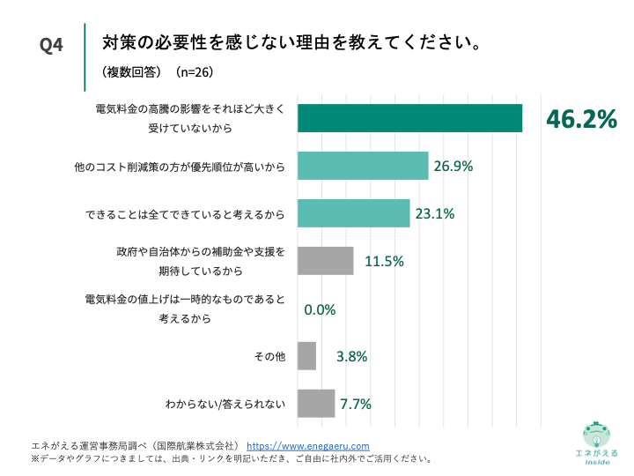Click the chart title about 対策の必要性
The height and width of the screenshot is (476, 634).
[291, 42]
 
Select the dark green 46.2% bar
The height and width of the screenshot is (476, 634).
[409, 118]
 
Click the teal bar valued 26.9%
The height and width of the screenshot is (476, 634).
[363, 166]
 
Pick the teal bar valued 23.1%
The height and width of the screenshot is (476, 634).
[353, 213]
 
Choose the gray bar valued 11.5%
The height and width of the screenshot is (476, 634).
[325, 261]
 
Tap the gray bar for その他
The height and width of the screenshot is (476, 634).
[306, 356]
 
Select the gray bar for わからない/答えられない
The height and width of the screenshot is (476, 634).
[316, 404]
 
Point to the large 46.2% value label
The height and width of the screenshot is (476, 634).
[581, 119]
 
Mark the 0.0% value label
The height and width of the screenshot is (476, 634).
[321, 309]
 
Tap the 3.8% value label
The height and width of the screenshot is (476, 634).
[351, 356]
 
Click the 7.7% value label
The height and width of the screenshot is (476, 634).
[356, 405]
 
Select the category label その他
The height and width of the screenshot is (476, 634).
[270, 356]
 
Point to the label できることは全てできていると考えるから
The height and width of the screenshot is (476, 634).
[186, 213]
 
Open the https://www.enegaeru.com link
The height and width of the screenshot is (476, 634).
[307, 446]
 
